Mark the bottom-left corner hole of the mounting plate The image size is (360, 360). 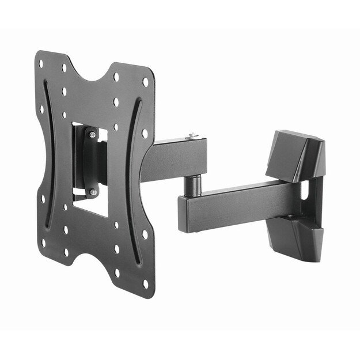tap(44, 242)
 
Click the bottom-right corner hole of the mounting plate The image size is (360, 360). tap(145, 283)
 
